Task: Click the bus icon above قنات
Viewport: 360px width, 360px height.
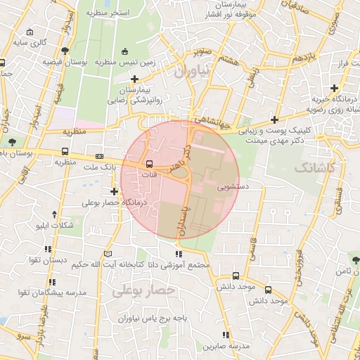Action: pyautogui.click(x=148, y=163)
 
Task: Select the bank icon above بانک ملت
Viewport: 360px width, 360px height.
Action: pyautogui.click(x=99, y=156)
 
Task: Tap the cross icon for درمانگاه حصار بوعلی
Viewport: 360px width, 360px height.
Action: pyautogui.click(x=115, y=191)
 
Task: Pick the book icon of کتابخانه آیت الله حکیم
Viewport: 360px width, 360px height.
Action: pyautogui.click(x=108, y=253)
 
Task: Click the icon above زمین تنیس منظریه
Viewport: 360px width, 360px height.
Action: pyautogui.click(x=125, y=51)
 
